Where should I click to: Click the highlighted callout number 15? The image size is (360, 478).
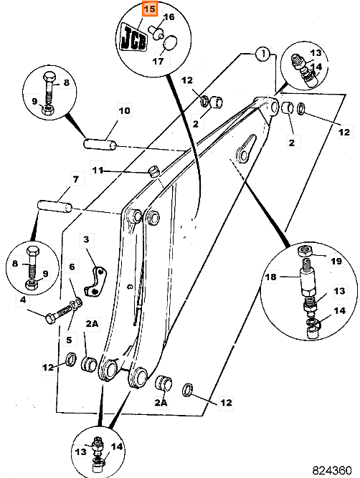[149, 9]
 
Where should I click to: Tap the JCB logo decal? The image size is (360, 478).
[133, 38]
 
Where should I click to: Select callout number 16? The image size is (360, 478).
[169, 16]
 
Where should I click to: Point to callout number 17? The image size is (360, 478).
[158, 62]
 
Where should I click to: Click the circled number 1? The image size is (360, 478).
[262, 54]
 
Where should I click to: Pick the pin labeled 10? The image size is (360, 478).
[100, 144]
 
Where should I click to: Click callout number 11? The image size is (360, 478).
[98, 170]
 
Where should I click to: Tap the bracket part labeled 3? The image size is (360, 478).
[95, 281]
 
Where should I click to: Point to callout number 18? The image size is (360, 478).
[270, 277]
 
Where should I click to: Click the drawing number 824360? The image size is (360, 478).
[331, 470]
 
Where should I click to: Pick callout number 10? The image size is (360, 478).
[124, 110]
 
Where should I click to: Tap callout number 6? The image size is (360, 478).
[72, 267]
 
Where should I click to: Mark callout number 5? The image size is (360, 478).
[69, 340]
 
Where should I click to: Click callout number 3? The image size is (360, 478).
[86, 239]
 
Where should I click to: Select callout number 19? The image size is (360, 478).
[336, 262]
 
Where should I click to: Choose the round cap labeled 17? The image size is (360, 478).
[170, 43]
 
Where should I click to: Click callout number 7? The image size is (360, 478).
[75, 179]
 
